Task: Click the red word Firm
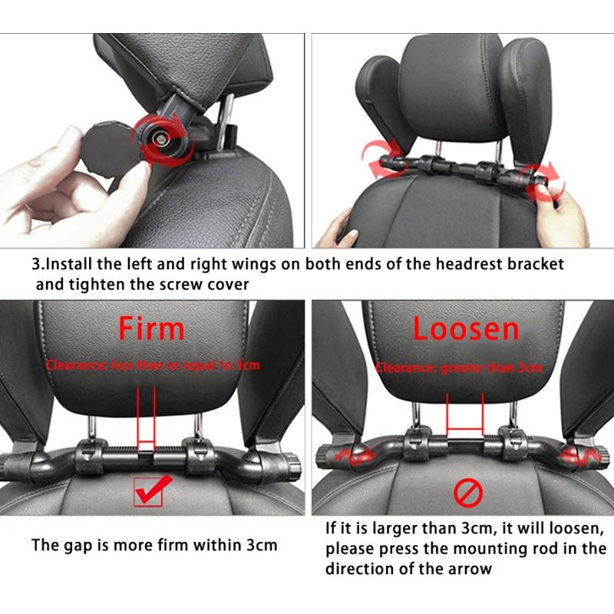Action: [150, 328]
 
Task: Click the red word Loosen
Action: [466, 328]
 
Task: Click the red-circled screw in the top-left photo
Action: [161, 137]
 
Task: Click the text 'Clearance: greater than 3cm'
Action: [458, 368]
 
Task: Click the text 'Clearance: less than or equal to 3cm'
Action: [153, 365]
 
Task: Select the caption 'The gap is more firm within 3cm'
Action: [154, 546]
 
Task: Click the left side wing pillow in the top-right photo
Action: [376, 100]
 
